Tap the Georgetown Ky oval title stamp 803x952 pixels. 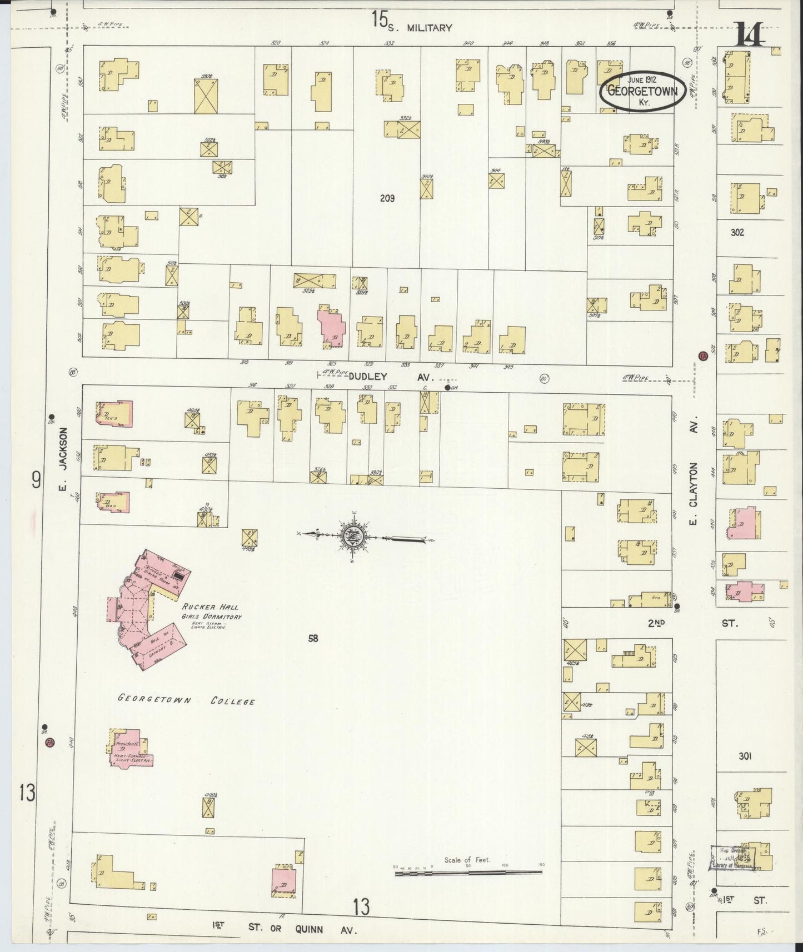tap(642, 91)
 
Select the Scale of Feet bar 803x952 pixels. tap(468, 872)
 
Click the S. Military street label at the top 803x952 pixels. tap(428, 28)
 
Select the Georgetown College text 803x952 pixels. tap(186, 700)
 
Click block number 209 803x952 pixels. tap(387, 198)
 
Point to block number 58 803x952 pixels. tap(313, 639)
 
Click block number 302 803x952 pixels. tap(737, 232)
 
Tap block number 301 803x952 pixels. tap(745, 756)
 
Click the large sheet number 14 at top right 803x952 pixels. tap(750, 34)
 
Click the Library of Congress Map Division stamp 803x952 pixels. tap(732, 858)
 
